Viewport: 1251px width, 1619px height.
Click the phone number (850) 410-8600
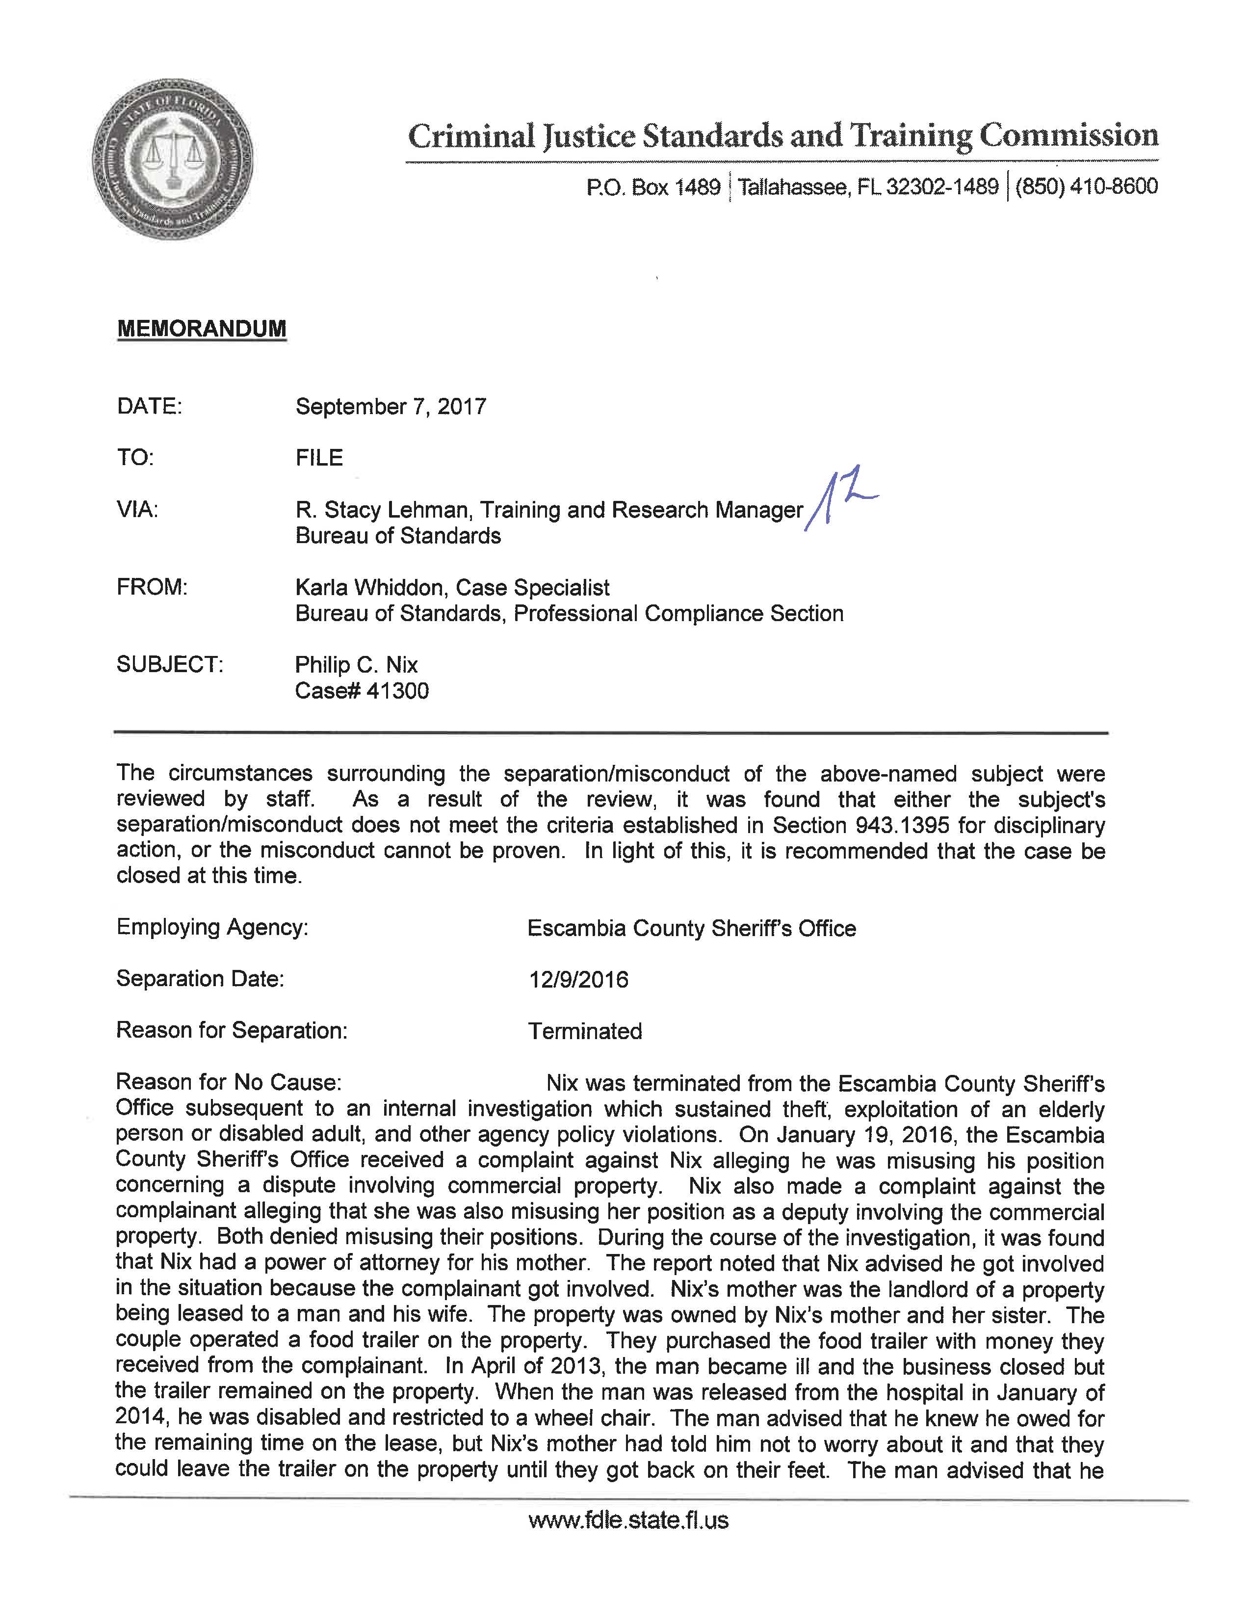pyautogui.click(x=1086, y=186)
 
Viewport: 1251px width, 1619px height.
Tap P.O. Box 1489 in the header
pyautogui.click(x=653, y=187)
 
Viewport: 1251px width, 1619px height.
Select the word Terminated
pyautogui.click(x=585, y=1031)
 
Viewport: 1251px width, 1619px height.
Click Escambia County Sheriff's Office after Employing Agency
pyautogui.click(x=691, y=928)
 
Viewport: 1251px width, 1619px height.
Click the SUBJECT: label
pyautogui.click(x=170, y=665)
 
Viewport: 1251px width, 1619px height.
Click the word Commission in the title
pyautogui.click(x=1069, y=136)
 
